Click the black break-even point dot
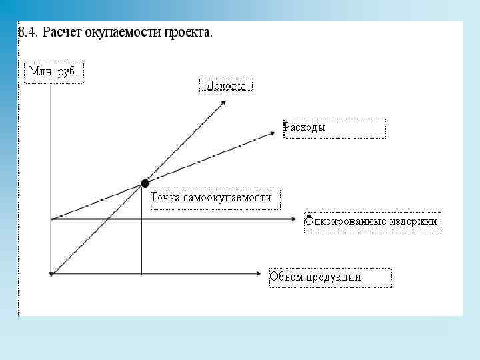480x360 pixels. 145,183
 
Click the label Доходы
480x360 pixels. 226,86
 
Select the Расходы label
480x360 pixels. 305,127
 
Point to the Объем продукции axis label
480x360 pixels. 315,277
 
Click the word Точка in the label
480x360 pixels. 167,198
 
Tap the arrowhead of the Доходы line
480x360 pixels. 224,102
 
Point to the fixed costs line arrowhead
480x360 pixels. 294,219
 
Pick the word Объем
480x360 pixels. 285,277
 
